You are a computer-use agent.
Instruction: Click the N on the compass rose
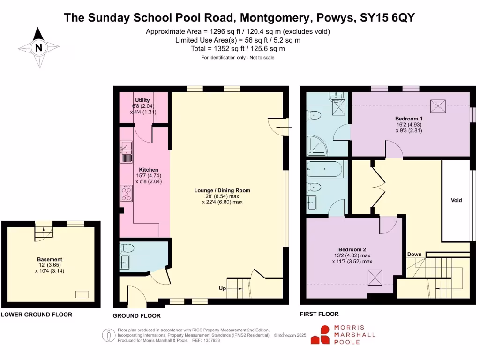click(x=39, y=47)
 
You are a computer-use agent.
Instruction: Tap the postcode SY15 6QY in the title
click(x=387, y=18)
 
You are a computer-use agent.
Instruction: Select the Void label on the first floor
click(x=456, y=200)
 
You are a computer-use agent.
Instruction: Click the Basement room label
click(x=50, y=259)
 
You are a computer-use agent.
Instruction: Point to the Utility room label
click(x=142, y=100)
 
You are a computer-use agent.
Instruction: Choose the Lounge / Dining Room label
click(x=222, y=190)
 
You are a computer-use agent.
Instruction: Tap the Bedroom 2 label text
click(x=352, y=249)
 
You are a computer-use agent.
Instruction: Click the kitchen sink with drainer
click(x=127, y=151)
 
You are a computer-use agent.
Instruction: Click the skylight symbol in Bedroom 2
click(x=375, y=278)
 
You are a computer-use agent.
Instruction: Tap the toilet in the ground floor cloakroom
click(x=127, y=248)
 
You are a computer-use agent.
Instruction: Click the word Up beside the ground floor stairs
click(x=223, y=288)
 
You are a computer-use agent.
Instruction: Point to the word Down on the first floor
click(x=414, y=255)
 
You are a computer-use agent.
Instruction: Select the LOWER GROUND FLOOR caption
click(x=37, y=315)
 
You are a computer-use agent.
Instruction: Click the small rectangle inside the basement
click(x=82, y=294)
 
